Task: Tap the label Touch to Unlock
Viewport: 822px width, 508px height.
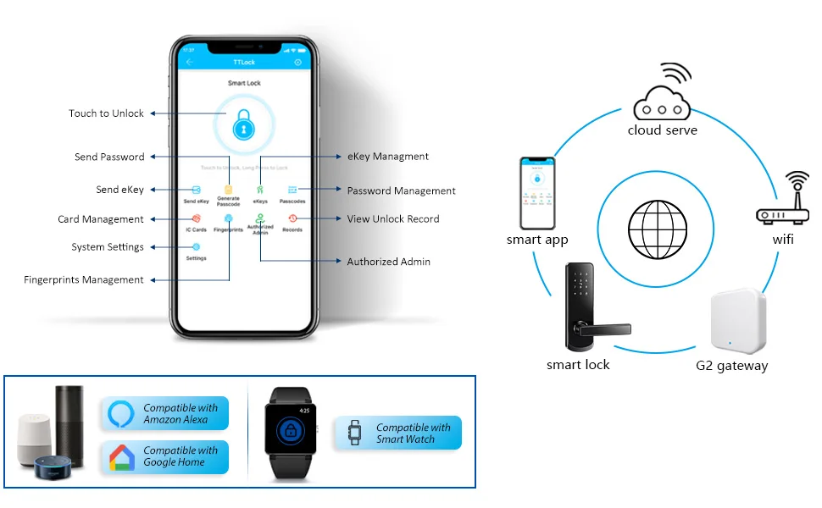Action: pyautogui.click(x=107, y=113)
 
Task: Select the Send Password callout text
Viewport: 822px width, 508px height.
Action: pyautogui.click(x=109, y=157)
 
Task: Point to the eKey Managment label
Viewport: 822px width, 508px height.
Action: pyautogui.click(x=388, y=157)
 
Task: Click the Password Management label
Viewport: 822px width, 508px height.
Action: pyautogui.click(x=401, y=190)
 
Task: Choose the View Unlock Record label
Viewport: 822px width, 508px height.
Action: pyautogui.click(x=393, y=219)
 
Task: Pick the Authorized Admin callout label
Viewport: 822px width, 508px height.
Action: pyautogui.click(x=388, y=262)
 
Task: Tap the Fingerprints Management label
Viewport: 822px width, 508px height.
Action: pyautogui.click(x=84, y=280)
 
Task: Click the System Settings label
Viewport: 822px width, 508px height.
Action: pyautogui.click(x=108, y=247)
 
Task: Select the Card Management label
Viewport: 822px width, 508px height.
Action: pyautogui.click(x=101, y=219)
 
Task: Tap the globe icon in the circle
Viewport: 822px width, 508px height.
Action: pyautogui.click(x=652, y=229)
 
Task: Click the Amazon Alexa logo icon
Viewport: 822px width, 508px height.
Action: pyautogui.click(x=122, y=414)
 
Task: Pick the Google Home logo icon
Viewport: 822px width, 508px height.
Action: pyautogui.click(x=122, y=458)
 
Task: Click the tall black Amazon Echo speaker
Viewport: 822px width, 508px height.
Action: pyautogui.click(x=70, y=423)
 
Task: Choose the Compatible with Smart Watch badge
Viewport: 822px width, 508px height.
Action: pyautogui.click(x=398, y=433)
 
